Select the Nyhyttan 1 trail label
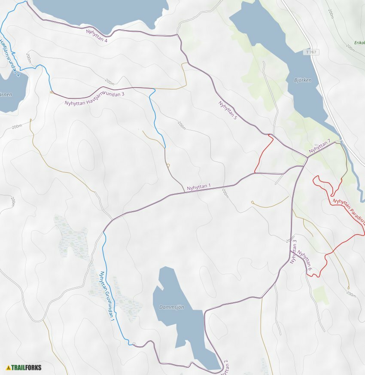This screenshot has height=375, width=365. click(199, 187)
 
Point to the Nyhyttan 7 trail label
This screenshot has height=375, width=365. click(319, 146)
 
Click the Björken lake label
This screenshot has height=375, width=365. click(304, 80)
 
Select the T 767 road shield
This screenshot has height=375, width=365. click(312, 52)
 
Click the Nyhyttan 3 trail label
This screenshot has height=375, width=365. click(294, 251)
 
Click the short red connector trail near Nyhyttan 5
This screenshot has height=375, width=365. click(263, 155)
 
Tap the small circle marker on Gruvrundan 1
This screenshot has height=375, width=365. click(134, 344)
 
